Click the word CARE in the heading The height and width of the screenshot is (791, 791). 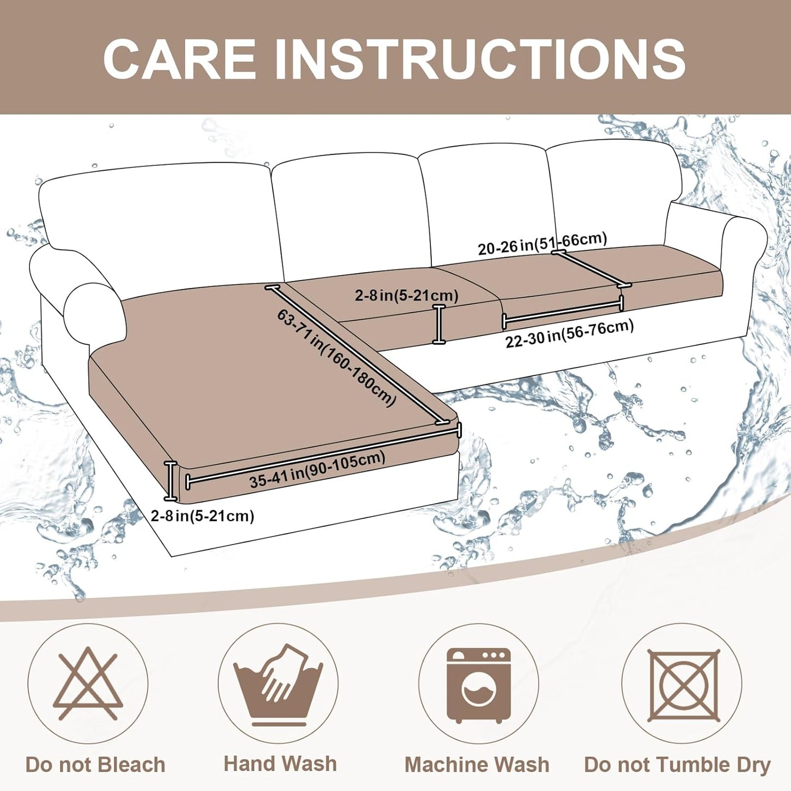[x=180, y=59]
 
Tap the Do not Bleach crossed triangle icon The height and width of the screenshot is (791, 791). [x=88, y=684]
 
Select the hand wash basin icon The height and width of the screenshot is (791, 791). [x=278, y=684]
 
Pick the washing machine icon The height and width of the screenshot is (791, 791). [x=478, y=685]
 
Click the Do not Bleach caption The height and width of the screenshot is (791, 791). [x=95, y=765]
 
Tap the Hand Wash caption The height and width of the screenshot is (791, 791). [x=280, y=764]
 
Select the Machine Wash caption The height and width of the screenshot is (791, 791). [x=477, y=765]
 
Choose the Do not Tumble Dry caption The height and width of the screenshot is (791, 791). [x=677, y=765]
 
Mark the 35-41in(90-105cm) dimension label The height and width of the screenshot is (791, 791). [x=317, y=470]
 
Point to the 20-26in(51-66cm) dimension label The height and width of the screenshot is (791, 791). [x=542, y=244]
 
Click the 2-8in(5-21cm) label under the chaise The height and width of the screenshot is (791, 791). [x=203, y=516]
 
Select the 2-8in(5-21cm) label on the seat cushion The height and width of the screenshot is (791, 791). [x=406, y=296]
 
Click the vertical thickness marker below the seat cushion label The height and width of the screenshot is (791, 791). [x=438, y=325]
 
